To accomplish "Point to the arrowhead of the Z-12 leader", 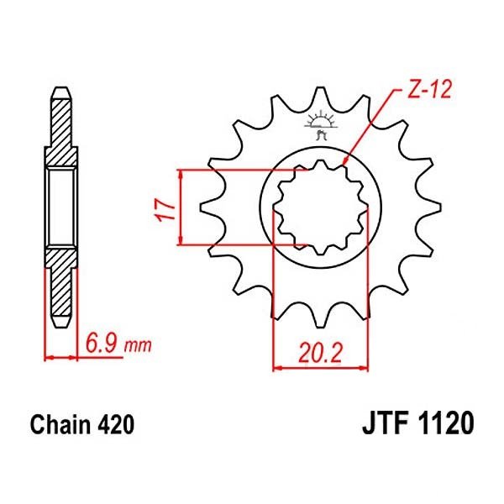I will (346, 161).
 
